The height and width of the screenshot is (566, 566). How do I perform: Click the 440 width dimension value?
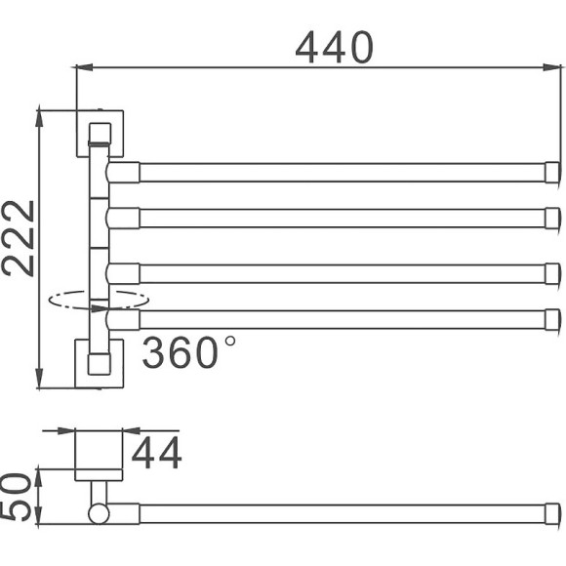click(x=335, y=46)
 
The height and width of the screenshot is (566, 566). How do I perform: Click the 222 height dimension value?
click(x=19, y=238)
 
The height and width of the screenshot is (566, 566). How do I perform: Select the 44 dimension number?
click(x=156, y=454)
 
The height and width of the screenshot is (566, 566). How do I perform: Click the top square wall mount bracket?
click(x=101, y=133)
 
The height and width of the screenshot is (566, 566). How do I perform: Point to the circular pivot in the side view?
click(x=99, y=512)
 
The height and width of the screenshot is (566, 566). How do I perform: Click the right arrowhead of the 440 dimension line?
click(x=539, y=67)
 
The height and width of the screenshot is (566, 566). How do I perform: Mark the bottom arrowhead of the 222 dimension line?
click(x=39, y=381)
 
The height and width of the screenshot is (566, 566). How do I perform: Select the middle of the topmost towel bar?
click(x=342, y=173)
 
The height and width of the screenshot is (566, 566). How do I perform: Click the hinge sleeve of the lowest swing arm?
click(x=124, y=318)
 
